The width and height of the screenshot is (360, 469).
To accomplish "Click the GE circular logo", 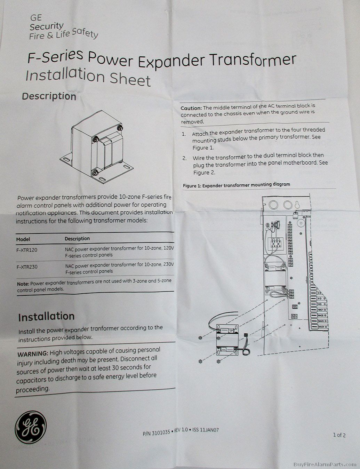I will pyautogui.click(x=31, y=427).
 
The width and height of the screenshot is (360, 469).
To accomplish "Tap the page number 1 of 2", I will pyautogui.click(x=339, y=435).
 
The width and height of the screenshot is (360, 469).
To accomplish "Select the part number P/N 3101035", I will pyautogui.click(x=156, y=433).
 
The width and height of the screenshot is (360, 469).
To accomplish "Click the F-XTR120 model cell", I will pyautogui.click(x=27, y=250).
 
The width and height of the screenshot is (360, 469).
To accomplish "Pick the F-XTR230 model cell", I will pyautogui.click(x=27, y=267).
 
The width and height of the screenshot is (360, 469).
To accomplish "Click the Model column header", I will pyautogui.click(x=23, y=239).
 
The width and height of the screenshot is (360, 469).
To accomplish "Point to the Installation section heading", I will pyautogui.click(x=46, y=317).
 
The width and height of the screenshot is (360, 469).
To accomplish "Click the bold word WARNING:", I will pyautogui.click(x=32, y=354).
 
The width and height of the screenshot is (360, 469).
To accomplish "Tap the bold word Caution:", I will pyautogui.click(x=191, y=109).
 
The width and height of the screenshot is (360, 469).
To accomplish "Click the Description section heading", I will pyautogui.click(x=49, y=96).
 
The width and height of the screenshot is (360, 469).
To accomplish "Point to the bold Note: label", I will pyautogui.click(x=23, y=284).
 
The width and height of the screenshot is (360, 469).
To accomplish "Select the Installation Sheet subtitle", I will pyautogui.click(x=88, y=76).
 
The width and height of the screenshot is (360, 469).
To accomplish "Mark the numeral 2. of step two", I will pyautogui.click(x=184, y=158).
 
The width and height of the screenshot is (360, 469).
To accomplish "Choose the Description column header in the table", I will pyautogui.click(x=77, y=239).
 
